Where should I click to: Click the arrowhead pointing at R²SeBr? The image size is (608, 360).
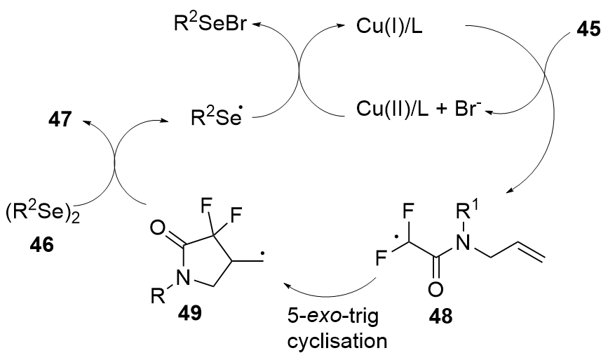click(x=256, y=26)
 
